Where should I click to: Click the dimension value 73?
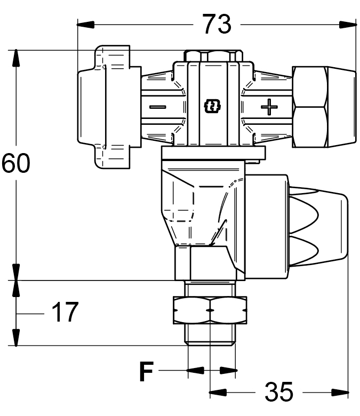click(x=217, y=24)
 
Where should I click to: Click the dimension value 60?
click(x=16, y=163)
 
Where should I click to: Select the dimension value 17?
click(x=65, y=311)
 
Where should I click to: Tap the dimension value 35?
click(x=279, y=391)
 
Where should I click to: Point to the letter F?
click(x=147, y=371)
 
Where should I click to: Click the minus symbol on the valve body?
click(x=158, y=107)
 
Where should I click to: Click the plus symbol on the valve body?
click(x=269, y=107)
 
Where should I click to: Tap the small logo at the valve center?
click(x=212, y=106)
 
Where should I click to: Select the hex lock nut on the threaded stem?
click(x=210, y=310)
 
